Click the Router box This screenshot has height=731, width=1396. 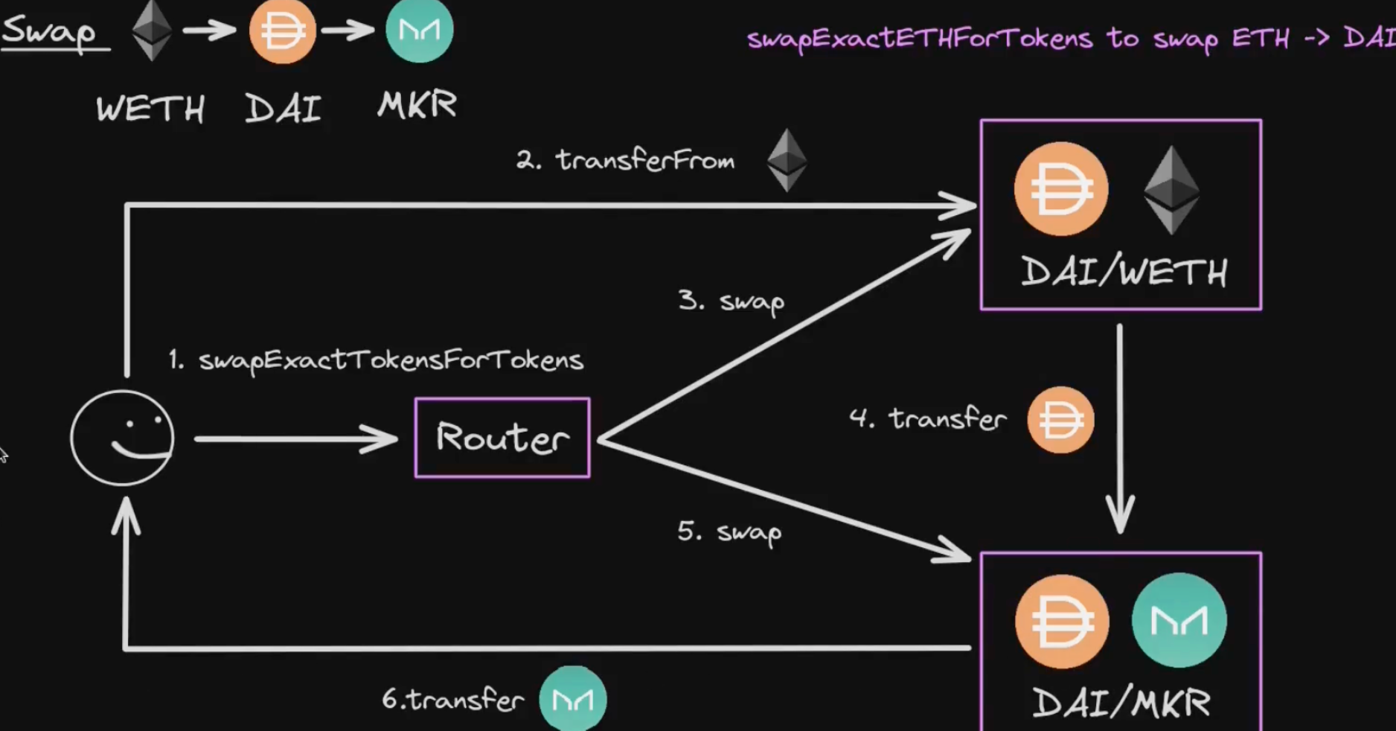pos(502,438)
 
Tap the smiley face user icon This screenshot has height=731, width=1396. pos(123,438)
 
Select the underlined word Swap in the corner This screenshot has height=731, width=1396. pos(50,32)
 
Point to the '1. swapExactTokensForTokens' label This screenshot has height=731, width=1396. pos(377,360)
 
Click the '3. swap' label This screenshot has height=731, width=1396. pos(731,301)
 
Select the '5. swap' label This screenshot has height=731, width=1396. pos(729,532)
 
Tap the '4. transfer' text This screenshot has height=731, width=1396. pos(928,418)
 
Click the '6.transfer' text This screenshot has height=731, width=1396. pos(452,700)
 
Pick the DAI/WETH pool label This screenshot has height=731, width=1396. pos(1124,272)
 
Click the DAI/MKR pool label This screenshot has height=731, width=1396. pos(1121,703)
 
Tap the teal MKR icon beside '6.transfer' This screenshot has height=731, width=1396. pos(572,699)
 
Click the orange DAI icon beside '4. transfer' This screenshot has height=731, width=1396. pos(1060,420)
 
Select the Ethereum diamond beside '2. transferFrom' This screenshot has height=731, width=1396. pos(787,160)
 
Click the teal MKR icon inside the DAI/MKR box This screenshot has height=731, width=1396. pos(1179,620)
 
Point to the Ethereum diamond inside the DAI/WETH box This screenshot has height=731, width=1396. pos(1171,190)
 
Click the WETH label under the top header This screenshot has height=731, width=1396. pos(150,109)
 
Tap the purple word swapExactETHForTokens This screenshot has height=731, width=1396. pos(919,38)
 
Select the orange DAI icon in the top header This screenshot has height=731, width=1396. pos(282,31)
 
